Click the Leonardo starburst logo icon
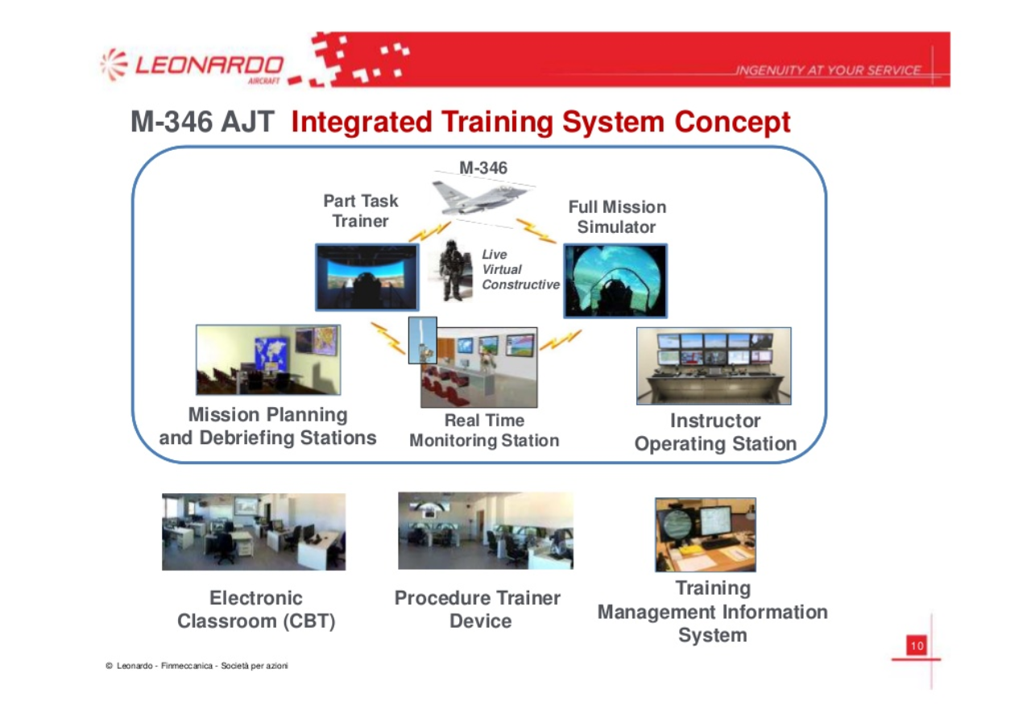pos(114,65)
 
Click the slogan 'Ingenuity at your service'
pos(828,70)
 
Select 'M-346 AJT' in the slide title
pos(202,122)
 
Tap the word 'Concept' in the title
pos(732,123)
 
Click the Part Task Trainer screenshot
pos(367,277)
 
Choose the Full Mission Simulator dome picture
pos(615,280)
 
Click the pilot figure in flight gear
pos(451,271)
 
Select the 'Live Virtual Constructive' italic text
pos(520,269)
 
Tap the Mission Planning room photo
pos(268,359)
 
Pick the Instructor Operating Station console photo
pos(714,366)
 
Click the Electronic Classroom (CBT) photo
pos(254,531)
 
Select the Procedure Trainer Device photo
pos(486,530)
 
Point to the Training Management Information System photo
pos(705,534)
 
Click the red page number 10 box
pos(917,646)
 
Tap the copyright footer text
pos(197,666)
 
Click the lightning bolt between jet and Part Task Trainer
pos(430,231)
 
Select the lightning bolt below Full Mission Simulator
pos(561,340)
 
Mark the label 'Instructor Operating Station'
pos(715,432)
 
